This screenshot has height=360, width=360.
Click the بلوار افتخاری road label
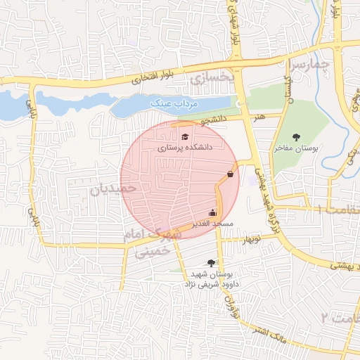click(x=158, y=76)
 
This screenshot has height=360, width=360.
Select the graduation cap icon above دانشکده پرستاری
click(x=185, y=136)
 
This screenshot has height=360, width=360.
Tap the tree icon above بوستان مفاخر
click(x=295, y=137)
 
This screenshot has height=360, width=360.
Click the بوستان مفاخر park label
click(x=296, y=148)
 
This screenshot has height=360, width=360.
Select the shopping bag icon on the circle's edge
click(x=231, y=174)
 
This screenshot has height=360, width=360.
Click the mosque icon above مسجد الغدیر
click(x=212, y=212)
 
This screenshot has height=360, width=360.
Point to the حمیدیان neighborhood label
click(x=112, y=188)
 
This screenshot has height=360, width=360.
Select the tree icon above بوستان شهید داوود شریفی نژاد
click(x=212, y=262)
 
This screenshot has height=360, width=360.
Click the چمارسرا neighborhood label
click(x=309, y=65)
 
